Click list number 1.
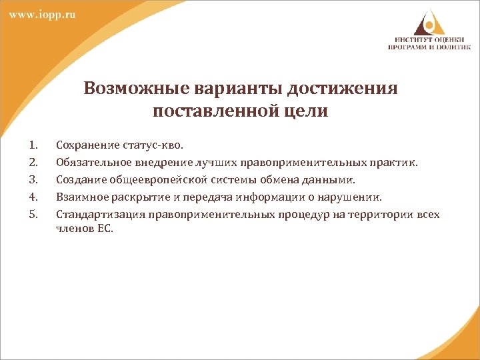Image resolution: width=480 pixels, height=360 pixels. tap(35, 145)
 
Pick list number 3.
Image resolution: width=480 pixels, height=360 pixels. tap(35, 179)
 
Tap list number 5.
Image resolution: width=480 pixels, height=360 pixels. tap(35, 214)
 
